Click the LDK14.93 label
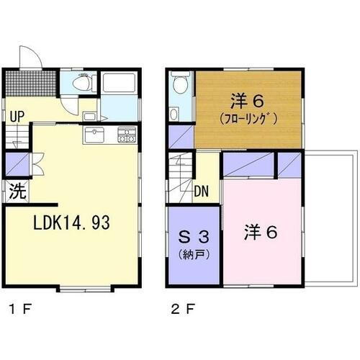pyautogui.click(x=71, y=224)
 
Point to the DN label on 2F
pyautogui.click(x=202, y=192)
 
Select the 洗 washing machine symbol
pyautogui.click(x=17, y=193)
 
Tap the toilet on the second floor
pyautogui.click(x=181, y=86)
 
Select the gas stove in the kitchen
pyautogui.click(x=125, y=133)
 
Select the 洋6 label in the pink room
pyautogui.click(x=260, y=233)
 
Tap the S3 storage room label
pyautogui.click(x=194, y=237)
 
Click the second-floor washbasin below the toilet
pyautogui.click(x=176, y=114)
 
